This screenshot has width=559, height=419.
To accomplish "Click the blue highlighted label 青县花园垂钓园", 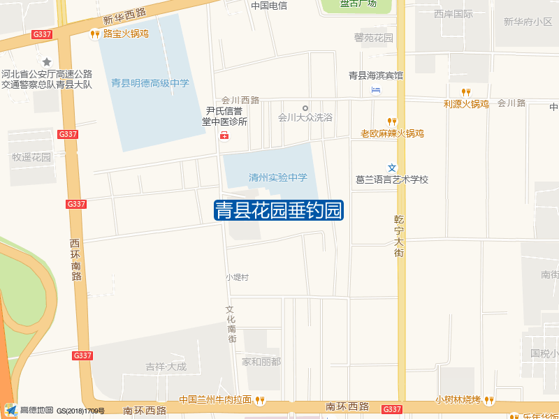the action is click(278, 210).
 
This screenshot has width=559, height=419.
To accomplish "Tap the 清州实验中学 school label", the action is click(278, 177).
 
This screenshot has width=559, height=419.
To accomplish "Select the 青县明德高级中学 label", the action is click(150, 83).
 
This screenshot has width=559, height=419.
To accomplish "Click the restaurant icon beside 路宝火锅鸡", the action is click(94, 34).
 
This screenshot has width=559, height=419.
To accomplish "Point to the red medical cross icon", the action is click(224, 135).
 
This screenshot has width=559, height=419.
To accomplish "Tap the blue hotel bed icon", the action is click(377, 89).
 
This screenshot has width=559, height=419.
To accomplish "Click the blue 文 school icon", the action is click(392, 167).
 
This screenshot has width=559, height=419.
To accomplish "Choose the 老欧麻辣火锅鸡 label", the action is click(392, 133).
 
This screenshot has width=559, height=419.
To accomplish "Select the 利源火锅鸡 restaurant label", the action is click(465, 104).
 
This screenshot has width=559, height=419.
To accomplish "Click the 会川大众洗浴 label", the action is click(305, 117).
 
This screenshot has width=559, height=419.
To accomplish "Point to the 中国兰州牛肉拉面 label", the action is click(215, 400).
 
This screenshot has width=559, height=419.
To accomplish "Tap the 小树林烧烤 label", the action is click(458, 400).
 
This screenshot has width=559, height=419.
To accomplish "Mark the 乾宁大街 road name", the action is click(399, 235).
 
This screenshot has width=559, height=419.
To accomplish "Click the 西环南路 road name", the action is click(75, 259).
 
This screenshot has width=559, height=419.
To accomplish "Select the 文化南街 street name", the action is click(231, 323).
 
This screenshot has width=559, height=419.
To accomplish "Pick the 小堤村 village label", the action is click(237, 277).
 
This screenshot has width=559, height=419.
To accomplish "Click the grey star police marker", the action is click(47, 62).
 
